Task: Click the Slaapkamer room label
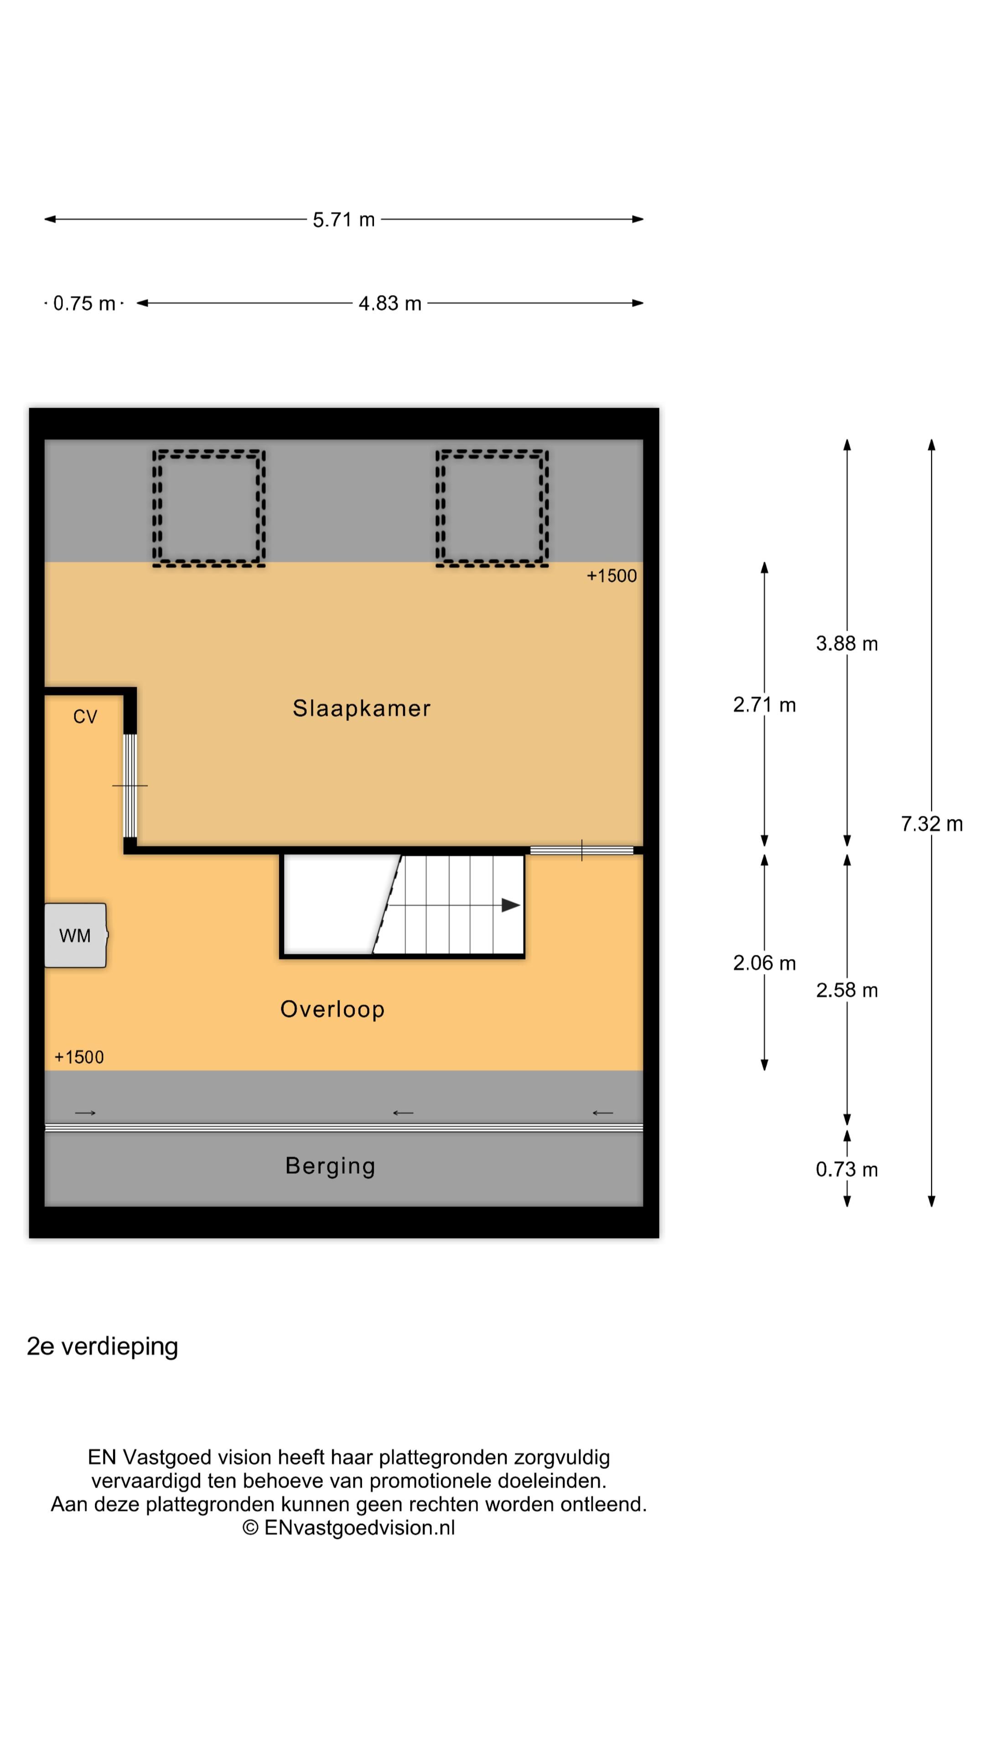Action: [x=361, y=708]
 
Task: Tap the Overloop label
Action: [x=332, y=1010]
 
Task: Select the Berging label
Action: [x=330, y=1166]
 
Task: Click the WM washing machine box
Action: [x=75, y=935]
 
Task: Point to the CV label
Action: [x=85, y=716]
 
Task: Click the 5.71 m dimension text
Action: [x=343, y=219]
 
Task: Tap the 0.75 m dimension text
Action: [x=84, y=303]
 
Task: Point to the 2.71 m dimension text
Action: [x=764, y=705]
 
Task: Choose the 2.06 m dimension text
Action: [x=764, y=963]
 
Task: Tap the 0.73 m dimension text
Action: [x=846, y=1169]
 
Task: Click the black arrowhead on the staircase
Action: [x=511, y=906]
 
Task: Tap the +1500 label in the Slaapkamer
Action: [x=612, y=576]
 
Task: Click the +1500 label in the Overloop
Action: [x=79, y=1057]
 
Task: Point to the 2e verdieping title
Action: [x=102, y=1347]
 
